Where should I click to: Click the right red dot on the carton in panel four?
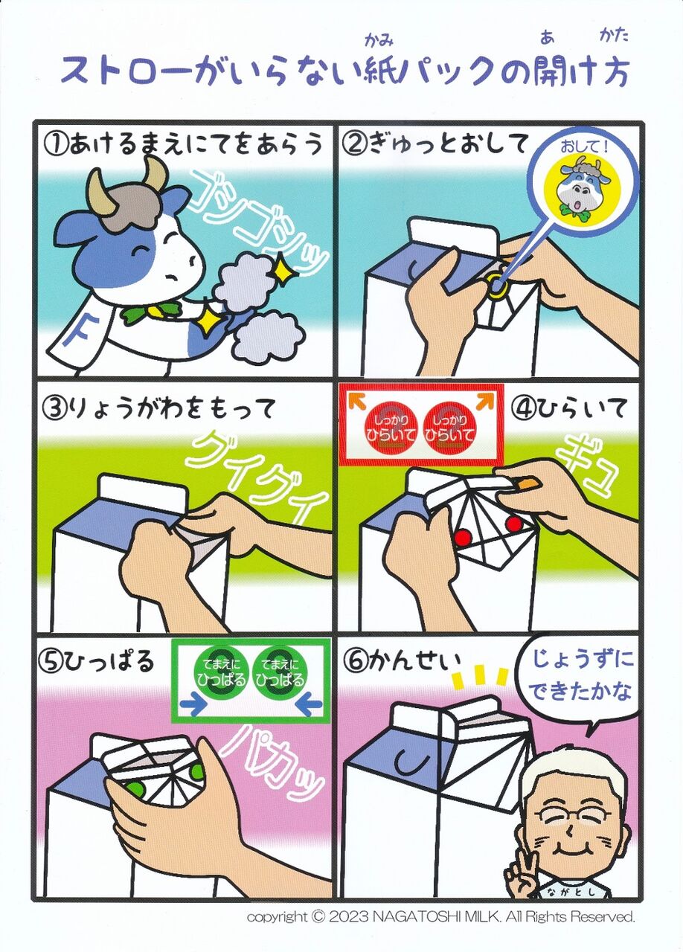click(x=513, y=524)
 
